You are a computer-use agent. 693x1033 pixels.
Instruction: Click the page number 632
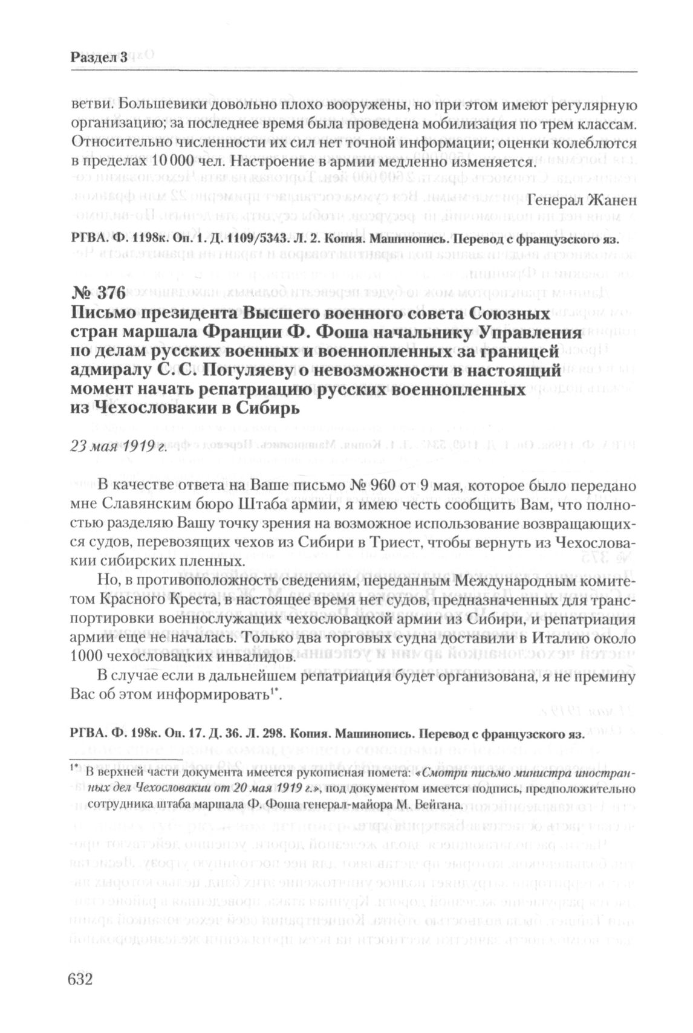[76, 978]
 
